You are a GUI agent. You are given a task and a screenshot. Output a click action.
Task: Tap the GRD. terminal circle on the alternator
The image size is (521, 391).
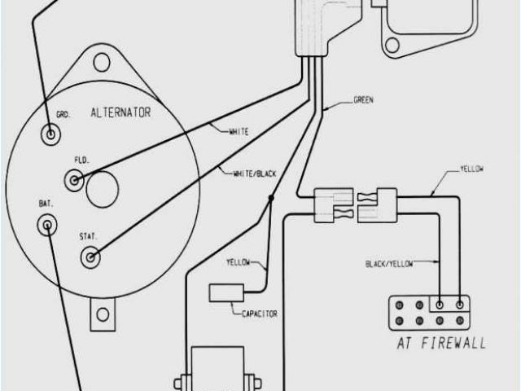(52, 133)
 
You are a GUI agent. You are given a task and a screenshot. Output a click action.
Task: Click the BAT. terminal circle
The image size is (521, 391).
(49, 224)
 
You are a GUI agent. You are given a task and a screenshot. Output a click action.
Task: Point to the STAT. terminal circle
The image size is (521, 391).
(89, 259)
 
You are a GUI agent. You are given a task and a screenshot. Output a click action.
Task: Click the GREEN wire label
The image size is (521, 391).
(364, 101)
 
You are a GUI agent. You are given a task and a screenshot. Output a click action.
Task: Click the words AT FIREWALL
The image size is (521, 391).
(440, 342)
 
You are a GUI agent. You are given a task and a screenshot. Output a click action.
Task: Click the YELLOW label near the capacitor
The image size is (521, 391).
(240, 262)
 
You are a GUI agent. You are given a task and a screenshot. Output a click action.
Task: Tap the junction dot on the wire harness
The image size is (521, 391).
(272, 198)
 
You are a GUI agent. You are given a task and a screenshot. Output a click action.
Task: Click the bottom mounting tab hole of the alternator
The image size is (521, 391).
(103, 313)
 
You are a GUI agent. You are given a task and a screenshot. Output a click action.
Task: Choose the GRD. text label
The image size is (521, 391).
(63, 115)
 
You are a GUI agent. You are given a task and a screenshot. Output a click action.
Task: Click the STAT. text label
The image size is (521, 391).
(89, 236)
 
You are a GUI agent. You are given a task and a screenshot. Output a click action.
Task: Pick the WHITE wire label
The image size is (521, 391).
(239, 130)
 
